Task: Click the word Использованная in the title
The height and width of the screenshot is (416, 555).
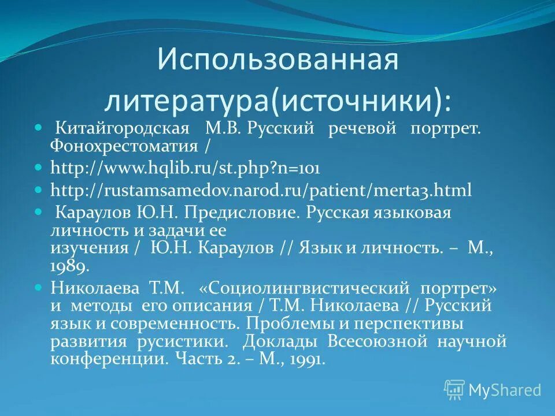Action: pos(277,60)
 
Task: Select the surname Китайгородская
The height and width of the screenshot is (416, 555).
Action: pos(122,129)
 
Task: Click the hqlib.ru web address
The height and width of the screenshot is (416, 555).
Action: pos(185,168)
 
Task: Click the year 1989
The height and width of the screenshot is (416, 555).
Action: pos(70,266)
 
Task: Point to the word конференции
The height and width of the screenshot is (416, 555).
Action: pos(109,359)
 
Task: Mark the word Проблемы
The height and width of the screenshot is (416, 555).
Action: pos(291,323)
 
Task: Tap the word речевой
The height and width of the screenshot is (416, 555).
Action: pos(362,129)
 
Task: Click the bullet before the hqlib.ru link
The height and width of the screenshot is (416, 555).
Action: pos(39,168)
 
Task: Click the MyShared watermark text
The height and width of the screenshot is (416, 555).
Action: pos(504,390)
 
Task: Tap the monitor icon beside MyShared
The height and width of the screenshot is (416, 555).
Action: pos(454,390)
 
